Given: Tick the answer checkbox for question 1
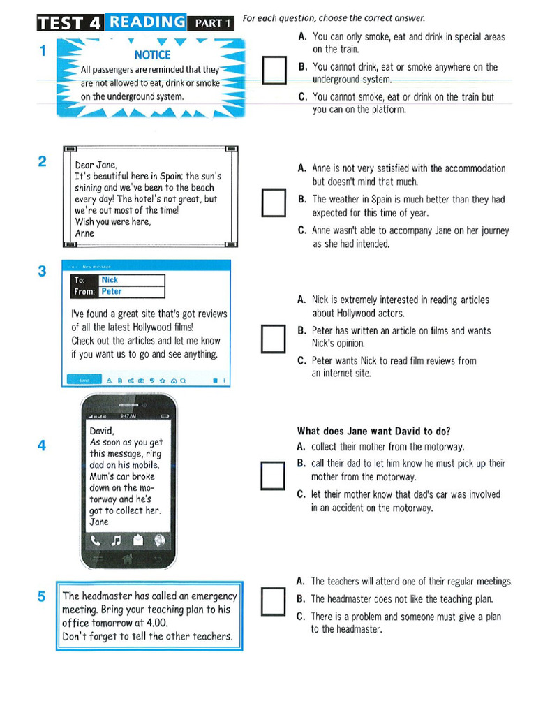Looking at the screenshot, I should coord(273,71).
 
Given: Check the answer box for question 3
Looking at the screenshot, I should coord(273,339).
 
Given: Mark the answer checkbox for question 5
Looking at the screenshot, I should coord(273,599).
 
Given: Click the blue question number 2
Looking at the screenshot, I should coord(43,162).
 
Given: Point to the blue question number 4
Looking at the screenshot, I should coord(43,445).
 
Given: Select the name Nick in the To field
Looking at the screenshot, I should coord(110,280).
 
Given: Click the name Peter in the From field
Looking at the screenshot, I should coord(111,292).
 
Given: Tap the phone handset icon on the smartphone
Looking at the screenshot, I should coord(96,540).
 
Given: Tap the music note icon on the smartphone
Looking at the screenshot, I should coord(117,540).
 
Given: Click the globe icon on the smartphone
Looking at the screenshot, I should coord(159,540).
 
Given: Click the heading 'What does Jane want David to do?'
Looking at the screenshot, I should coord(373,431).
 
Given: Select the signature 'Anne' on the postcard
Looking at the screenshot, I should coord(84,233).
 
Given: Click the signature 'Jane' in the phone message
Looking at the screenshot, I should coord(99,522).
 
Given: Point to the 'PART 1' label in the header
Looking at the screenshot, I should coord(212,23).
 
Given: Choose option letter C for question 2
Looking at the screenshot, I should coord(301,230).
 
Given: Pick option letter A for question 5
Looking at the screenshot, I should coord(300,581).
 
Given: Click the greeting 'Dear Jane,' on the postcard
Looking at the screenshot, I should coord(96,165).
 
